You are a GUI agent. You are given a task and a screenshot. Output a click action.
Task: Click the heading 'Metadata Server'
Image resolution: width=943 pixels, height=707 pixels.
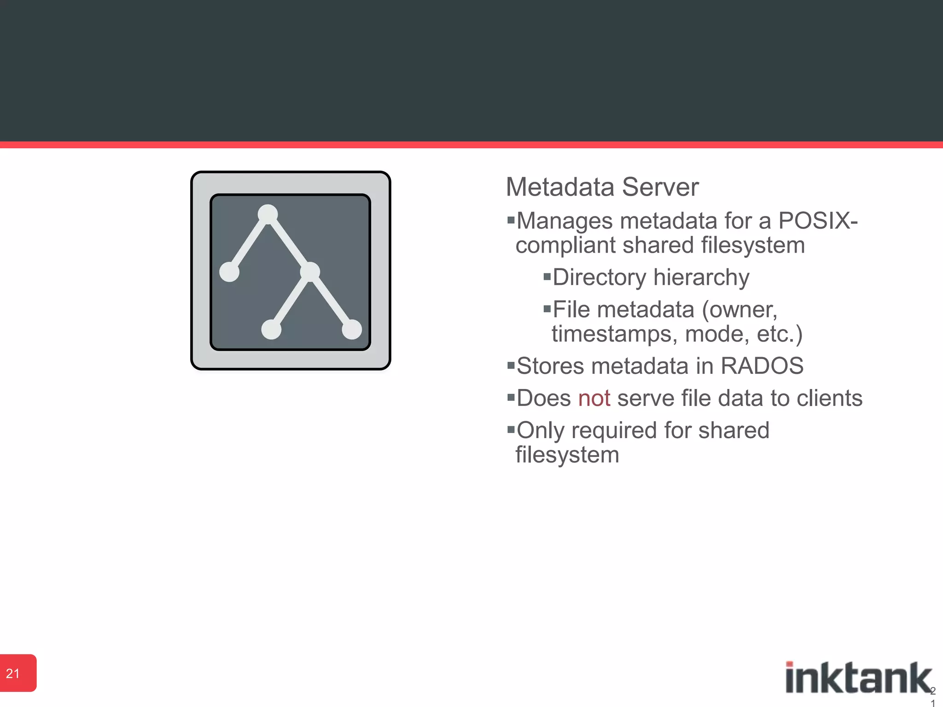(602, 187)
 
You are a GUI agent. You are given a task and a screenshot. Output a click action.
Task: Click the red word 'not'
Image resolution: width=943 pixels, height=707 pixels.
(594, 398)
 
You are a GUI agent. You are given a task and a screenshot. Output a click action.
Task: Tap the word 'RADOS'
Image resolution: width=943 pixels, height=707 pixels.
(762, 366)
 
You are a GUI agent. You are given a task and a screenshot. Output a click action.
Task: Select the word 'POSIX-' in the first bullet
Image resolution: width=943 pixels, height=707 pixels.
(818, 221)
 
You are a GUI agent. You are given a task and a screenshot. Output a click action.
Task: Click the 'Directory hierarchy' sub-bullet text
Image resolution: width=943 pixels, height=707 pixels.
(651, 278)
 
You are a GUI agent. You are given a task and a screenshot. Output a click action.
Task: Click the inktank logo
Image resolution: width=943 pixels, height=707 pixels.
(858, 678)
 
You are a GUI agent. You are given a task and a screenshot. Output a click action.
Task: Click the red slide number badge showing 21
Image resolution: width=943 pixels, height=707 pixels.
(17, 673)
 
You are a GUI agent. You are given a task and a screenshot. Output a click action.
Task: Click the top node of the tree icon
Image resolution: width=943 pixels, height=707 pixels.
(268, 214)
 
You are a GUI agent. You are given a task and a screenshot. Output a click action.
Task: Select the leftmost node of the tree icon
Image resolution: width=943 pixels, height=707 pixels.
(229, 272)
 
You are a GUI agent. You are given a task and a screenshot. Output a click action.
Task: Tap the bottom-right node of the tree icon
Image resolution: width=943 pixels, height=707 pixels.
(352, 330)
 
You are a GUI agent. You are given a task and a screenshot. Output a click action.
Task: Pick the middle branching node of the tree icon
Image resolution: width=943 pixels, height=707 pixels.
(310, 272)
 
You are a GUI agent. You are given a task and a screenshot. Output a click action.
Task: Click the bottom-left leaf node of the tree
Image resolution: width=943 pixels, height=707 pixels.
(271, 330)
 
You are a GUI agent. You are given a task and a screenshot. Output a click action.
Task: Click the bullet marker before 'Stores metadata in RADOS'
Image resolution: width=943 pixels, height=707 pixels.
(510, 365)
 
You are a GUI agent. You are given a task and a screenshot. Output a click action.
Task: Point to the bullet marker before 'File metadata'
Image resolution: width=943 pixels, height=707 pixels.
(547, 309)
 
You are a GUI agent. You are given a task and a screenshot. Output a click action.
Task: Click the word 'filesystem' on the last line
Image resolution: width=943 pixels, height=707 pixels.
(567, 455)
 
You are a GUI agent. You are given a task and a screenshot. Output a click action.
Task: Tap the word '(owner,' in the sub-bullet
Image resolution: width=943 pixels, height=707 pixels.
(739, 310)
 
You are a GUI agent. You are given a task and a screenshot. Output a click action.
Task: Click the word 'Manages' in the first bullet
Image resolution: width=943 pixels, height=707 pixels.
(565, 221)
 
